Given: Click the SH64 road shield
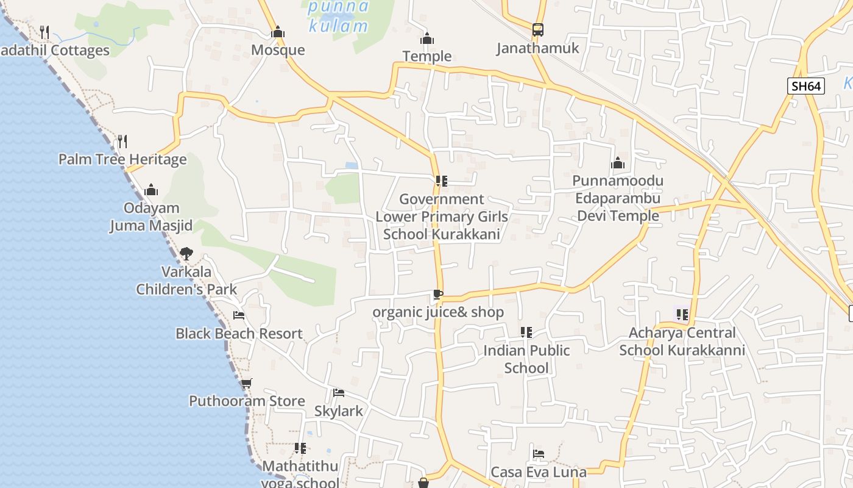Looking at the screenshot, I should (x=806, y=86).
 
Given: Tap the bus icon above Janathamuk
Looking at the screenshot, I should (x=537, y=30).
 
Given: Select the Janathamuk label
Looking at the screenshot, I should (x=537, y=48).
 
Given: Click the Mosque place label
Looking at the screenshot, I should (x=278, y=50).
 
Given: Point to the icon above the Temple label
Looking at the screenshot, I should (x=427, y=38).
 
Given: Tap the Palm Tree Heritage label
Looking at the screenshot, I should (x=122, y=160).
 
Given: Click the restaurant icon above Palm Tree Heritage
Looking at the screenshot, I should (x=122, y=142).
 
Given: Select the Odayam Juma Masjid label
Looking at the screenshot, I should (x=150, y=217).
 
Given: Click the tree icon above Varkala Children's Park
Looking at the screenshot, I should (x=186, y=253).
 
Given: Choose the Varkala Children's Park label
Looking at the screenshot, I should (x=186, y=280).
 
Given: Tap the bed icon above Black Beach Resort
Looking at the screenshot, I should (x=239, y=315).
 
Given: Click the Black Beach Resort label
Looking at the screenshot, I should (x=239, y=334).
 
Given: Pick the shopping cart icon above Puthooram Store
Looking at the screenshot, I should (x=246, y=383).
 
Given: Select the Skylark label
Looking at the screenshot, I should (x=339, y=411).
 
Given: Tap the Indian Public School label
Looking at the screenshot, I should (x=526, y=359).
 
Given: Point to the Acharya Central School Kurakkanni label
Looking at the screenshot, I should (x=682, y=342).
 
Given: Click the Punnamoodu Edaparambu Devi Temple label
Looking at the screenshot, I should (x=618, y=198).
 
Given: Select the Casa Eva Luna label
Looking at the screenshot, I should (x=539, y=472).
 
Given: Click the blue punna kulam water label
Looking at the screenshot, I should (x=338, y=16).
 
